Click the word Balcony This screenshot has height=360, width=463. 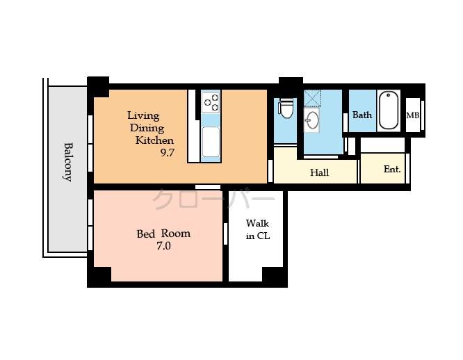tap(68, 161)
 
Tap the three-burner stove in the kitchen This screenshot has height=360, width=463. tap(210, 103)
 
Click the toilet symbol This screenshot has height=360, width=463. tap(286, 109)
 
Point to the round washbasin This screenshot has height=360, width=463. tap(312, 121)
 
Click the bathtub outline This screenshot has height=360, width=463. tap(389, 111)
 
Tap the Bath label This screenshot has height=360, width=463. tap(362, 115)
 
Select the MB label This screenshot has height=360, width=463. tap(412, 115)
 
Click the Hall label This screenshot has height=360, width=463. tap(319, 172)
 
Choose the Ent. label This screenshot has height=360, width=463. tap(392, 169)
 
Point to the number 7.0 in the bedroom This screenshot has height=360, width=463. tap(163, 245)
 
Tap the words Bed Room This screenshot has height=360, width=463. tap(163, 234)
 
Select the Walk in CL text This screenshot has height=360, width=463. tap(257, 230)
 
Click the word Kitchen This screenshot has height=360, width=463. tap(154, 140)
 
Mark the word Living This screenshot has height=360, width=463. tap(143, 115)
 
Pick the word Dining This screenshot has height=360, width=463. tap(146, 128)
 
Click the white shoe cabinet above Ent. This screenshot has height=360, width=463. tap(382, 145)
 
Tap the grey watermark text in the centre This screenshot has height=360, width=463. tap(213, 199)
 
